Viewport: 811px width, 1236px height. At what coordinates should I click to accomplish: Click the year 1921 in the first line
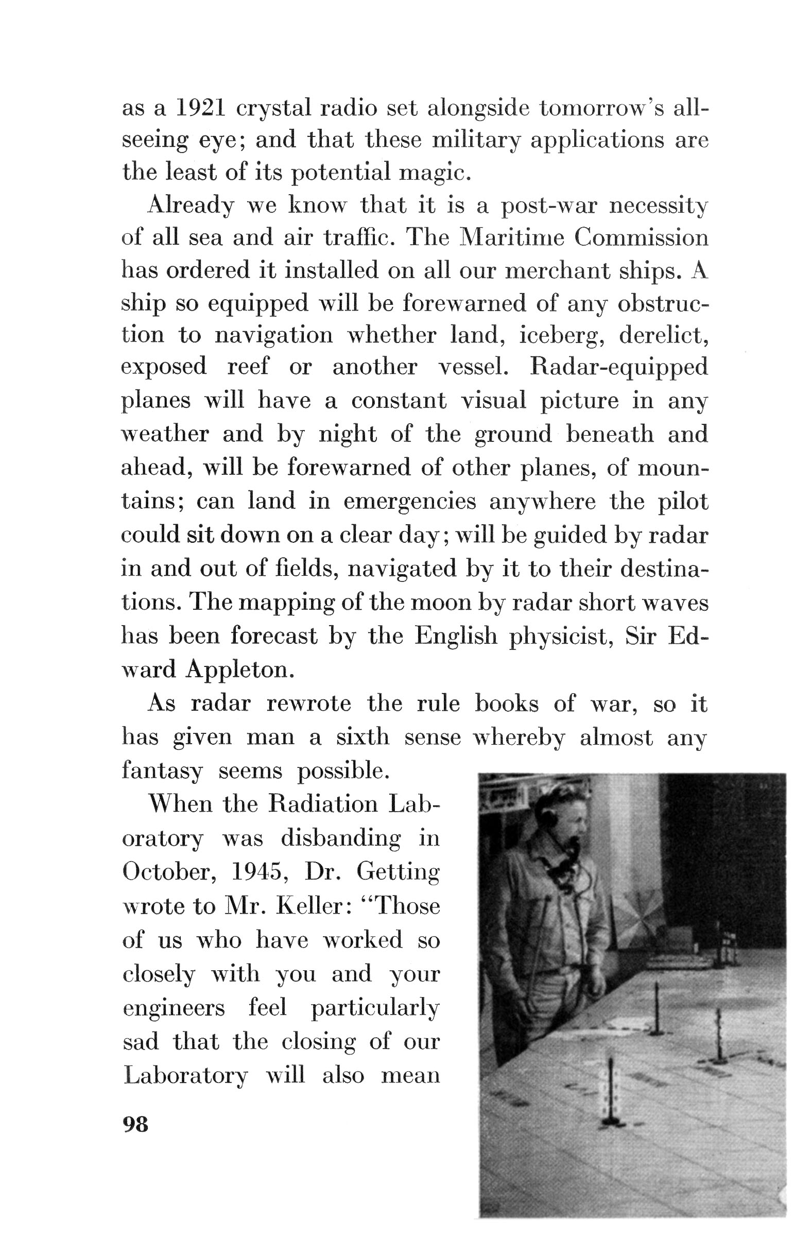pyautogui.click(x=200, y=108)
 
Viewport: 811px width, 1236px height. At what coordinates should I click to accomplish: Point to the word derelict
pyautogui.click(x=663, y=335)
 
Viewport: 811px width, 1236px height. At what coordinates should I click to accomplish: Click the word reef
pyautogui.click(x=248, y=367)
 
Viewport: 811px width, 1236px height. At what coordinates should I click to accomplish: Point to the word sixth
pyautogui.click(x=363, y=737)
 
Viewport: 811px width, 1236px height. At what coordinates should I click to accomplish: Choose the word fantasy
pyautogui.click(x=162, y=770)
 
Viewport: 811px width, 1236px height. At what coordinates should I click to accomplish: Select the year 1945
pyautogui.click(x=258, y=872)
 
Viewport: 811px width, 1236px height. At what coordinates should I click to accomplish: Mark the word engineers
pyautogui.click(x=174, y=1008)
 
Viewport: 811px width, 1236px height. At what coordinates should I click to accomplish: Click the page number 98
pyautogui.click(x=135, y=1124)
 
